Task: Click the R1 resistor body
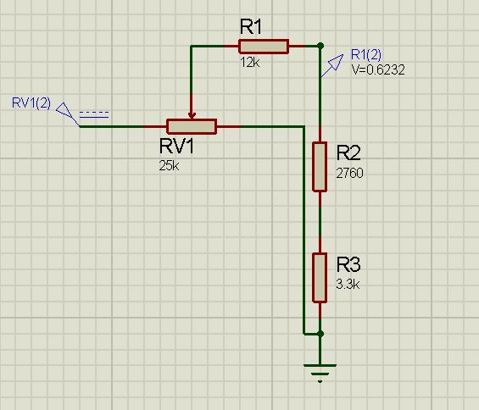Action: [x=264, y=47]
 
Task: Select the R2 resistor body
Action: [x=320, y=167]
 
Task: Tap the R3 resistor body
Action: [x=320, y=278]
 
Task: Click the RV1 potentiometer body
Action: [x=192, y=126]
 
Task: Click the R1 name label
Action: [x=251, y=26]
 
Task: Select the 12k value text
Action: [x=250, y=63]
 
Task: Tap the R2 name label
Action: [x=348, y=152]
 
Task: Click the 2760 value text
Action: [x=350, y=173]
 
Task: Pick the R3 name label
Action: [x=348, y=264]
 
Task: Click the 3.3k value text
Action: [x=348, y=285]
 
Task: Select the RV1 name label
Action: [x=176, y=146]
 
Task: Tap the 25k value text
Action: [x=169, y=166]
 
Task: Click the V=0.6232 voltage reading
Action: [x=378, y=69]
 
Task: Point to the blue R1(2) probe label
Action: [x=366, y=55]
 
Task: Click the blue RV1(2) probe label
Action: [x=31, y=102]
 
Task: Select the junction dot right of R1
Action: [x=320, y=46]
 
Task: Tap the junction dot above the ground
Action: [x=320, y=334]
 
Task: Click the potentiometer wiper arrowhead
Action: [x=192, y=116]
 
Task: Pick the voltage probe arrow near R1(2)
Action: [x=331, y=65]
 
